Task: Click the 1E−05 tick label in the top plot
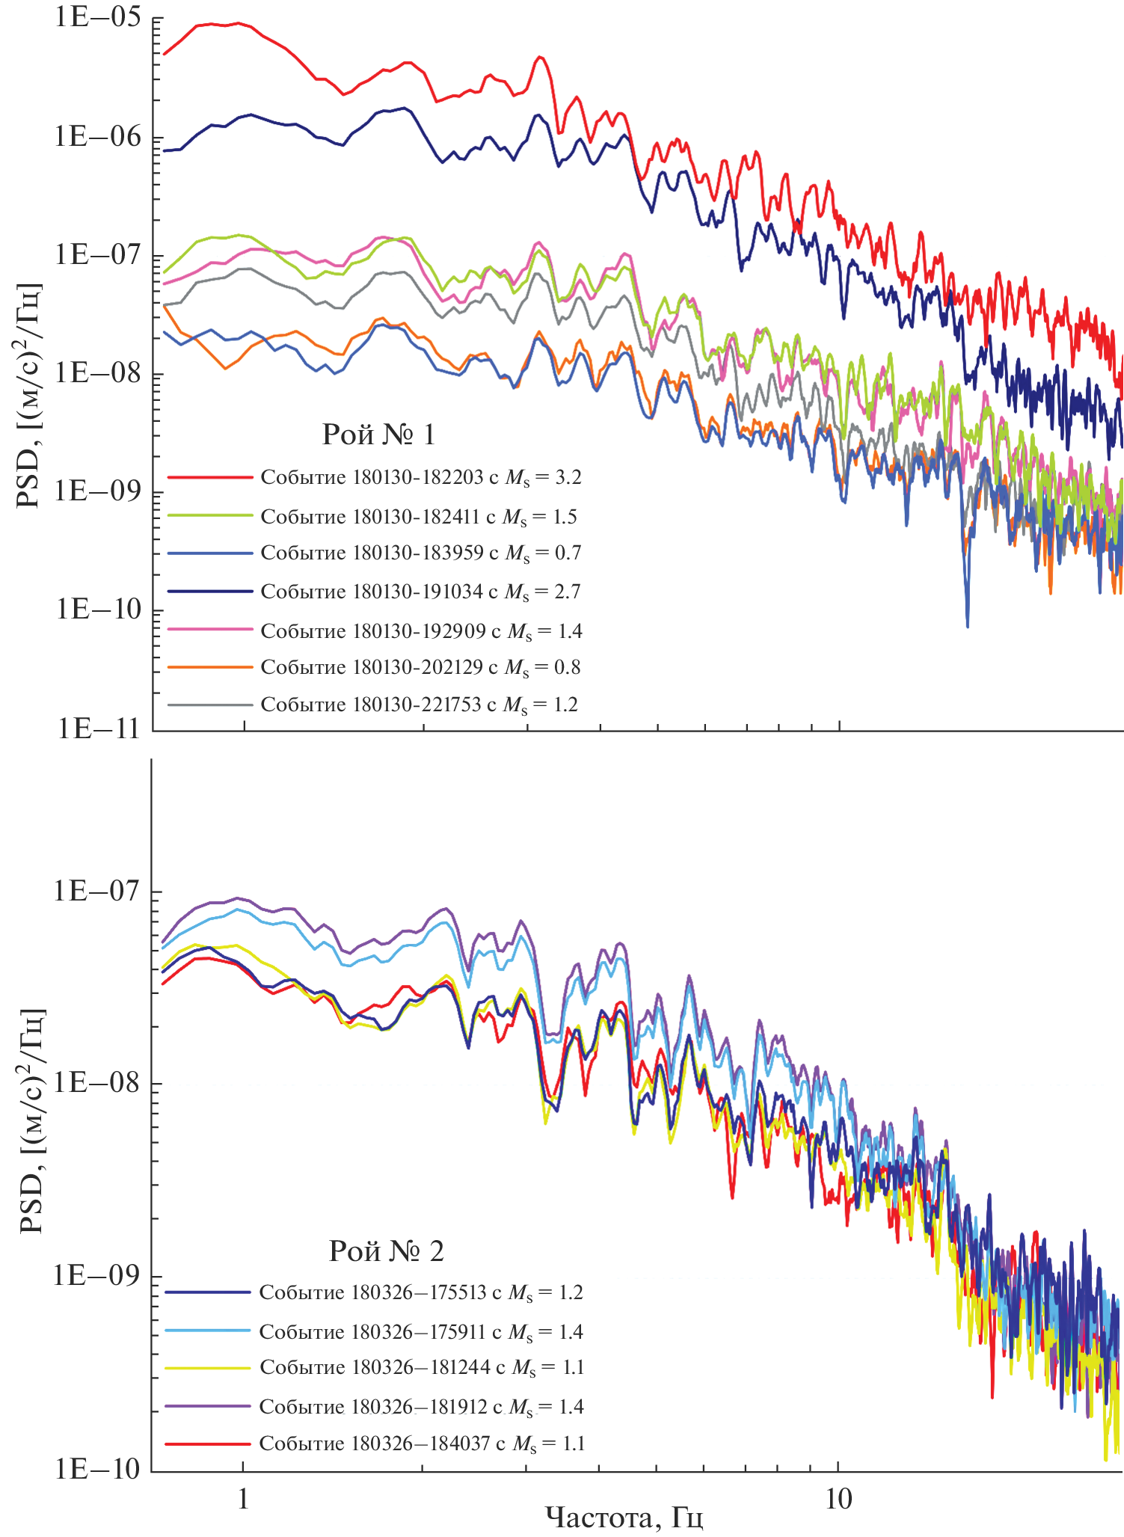coord(97,17)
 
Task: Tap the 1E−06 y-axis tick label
coord(97,138)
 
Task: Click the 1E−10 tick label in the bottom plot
coord(97,1470)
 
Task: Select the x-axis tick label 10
coord(838,1498)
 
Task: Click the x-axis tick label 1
coord(243,1498)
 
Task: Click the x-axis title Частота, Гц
coord(624,1518)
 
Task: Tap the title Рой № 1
coord(378,435)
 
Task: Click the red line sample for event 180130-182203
coord(210,476)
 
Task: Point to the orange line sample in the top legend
coord(210,666)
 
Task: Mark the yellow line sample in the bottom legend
coord(207,1368)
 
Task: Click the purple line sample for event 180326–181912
coord(207,1406)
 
